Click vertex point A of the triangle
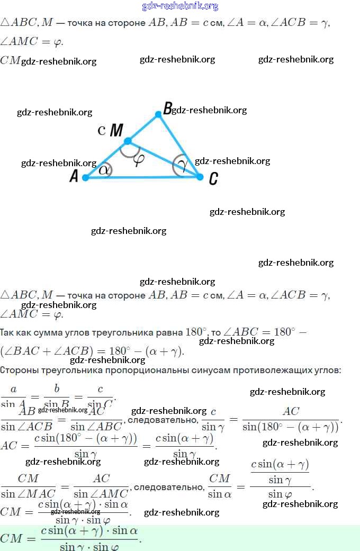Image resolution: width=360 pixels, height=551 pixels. (x=85, y=178)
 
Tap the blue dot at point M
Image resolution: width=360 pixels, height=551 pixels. (x=128, y=141)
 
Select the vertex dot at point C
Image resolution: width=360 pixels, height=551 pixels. (x=200, y=176)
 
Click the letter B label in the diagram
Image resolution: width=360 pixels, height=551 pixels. (x=167, y=109)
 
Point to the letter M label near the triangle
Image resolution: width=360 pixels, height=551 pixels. (x=116, y=130)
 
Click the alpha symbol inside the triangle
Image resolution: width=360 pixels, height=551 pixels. (x=104, y=170)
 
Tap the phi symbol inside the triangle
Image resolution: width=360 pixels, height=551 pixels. (x=139, y=159)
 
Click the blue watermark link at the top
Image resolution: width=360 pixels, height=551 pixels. (x=180, y=6)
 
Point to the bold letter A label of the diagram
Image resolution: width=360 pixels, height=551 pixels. (x=74, y=177)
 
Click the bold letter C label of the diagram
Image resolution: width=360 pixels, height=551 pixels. (x=213, y=179)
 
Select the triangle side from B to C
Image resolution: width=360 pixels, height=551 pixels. (x=179, y=145)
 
